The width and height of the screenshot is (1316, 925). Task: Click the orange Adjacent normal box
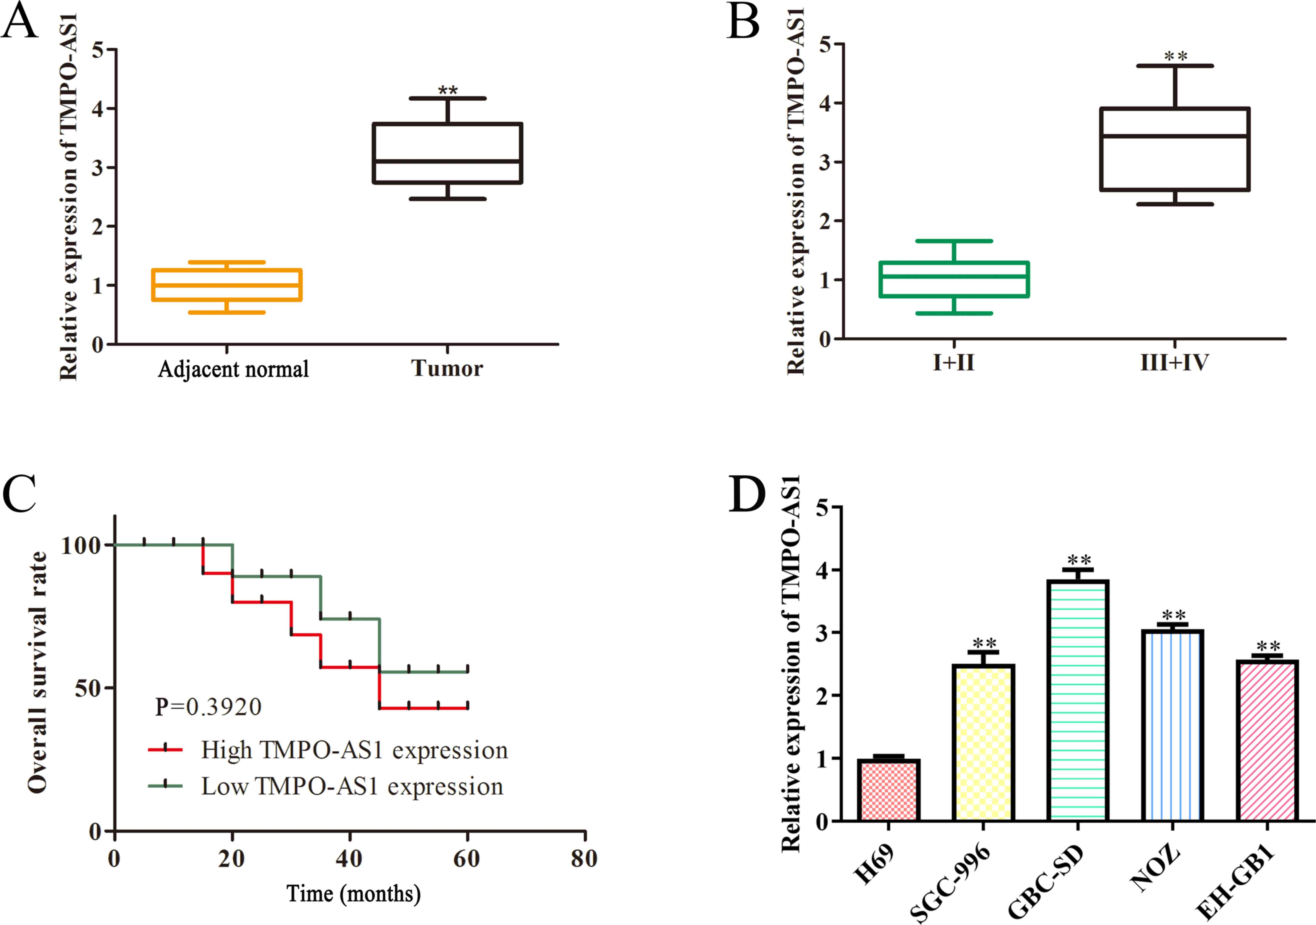pyautogui.click(x=227, y=284)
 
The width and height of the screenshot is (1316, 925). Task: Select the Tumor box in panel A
pyautogui.click(x=447, y=153)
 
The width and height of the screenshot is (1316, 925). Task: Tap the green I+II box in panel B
pyautogui.click(x=954, y=279)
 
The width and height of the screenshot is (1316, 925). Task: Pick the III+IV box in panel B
pyautogui.click(x=1174, y=149)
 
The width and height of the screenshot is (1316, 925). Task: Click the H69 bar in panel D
pyautogui.click(x=888, y=790)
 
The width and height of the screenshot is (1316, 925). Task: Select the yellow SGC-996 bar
pyautogui.click(x=983, y=743)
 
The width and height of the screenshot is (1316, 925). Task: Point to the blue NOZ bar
pyautogui.click(x=1172, y=725)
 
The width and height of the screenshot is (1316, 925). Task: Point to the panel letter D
pyautogui.click(x=747, y=494)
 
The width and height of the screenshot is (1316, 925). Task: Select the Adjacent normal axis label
pyautogui.click(x=233, y=369)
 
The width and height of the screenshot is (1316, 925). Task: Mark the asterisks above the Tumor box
pyautogui.click(x=448, y=91)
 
